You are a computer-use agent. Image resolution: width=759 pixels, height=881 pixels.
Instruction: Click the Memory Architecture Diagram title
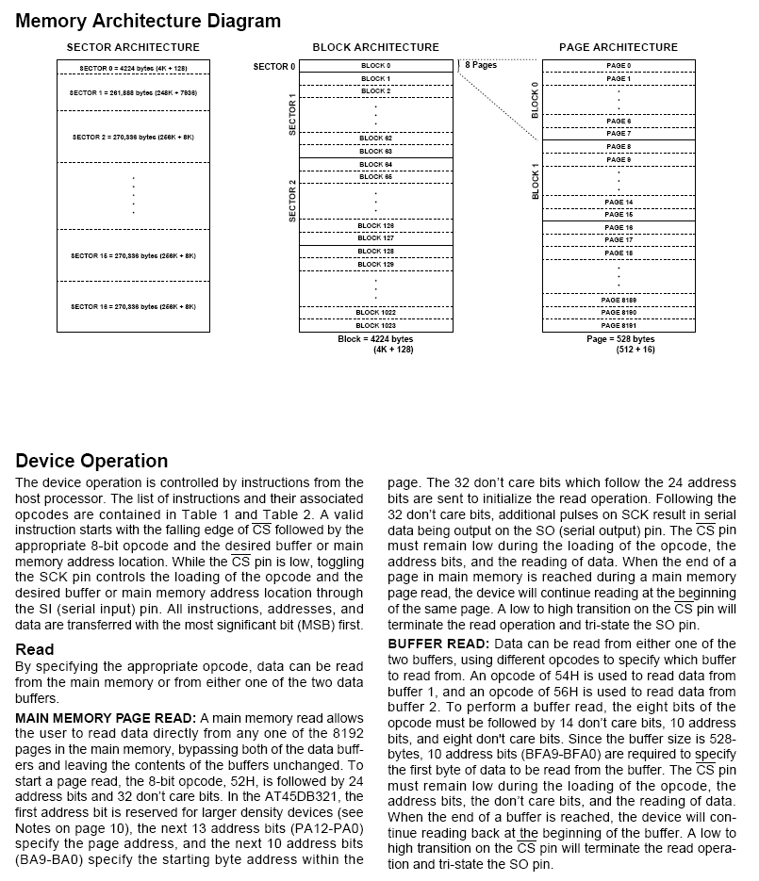[x=148, y=21]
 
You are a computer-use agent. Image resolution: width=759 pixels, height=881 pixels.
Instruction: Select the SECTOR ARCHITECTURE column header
[x=133, y=47]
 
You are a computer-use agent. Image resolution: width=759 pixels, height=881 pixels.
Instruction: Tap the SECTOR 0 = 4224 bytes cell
[x=133, y=68]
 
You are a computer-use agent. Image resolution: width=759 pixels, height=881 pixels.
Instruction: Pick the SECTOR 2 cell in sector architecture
[x=133, y=137]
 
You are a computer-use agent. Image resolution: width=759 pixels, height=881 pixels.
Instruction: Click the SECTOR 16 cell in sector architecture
[x=133, y=306]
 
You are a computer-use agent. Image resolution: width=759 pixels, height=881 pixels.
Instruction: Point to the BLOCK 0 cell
[x=375, y=66]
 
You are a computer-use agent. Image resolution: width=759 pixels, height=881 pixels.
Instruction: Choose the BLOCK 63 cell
[x=375, y=151]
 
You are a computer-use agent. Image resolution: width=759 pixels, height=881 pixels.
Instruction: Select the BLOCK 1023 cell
[x=375, y=325]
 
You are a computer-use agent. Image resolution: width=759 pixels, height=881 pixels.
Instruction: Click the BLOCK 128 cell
[x=375, y=252]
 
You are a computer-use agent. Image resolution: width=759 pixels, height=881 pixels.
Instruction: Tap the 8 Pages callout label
[x=481, y=65]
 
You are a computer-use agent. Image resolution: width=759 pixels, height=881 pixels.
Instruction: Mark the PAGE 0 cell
[x=619, y=66]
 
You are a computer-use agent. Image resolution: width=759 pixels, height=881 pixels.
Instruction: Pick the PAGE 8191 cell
[x=619, y=325]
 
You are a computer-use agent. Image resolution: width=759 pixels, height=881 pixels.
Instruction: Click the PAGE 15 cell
[x=619, y=215]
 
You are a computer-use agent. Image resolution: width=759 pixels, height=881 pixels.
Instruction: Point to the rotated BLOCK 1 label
[x=536, y=181]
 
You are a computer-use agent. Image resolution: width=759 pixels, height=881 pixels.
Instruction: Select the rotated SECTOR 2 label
[x=292, y=200]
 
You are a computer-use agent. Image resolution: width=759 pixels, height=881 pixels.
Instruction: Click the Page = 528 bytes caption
[x=619, y=339]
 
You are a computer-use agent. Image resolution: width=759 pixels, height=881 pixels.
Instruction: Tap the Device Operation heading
[x=91, y=461]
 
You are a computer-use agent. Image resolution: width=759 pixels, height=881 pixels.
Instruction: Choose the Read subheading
[x=35, y=649]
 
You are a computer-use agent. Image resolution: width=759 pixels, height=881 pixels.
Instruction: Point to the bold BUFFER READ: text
[x=438, y=643]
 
